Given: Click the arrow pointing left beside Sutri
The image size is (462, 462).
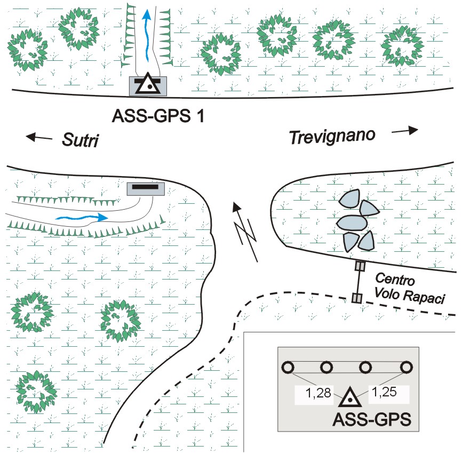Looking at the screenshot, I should coord(40,137).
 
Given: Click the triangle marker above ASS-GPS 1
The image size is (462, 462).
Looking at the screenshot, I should coord(148,85).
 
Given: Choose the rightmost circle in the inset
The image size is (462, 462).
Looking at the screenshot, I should coord(407,367).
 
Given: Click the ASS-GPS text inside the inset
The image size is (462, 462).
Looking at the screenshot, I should coord(372,419).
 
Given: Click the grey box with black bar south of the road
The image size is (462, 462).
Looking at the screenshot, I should coord(145,188).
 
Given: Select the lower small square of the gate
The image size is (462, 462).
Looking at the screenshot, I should coord(356,297).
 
